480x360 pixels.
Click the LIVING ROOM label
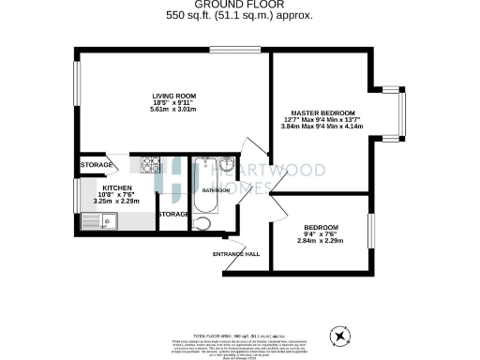174,96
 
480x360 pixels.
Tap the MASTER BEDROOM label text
328,112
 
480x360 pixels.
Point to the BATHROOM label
216,191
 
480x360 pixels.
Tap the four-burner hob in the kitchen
150,165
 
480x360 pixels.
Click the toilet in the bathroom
202,223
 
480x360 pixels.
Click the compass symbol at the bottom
339,335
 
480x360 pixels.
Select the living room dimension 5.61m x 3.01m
174,110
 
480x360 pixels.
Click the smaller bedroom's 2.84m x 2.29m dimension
321,242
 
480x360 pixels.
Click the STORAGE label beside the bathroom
173,215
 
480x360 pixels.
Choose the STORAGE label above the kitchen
96,165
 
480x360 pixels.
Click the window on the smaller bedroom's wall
370,229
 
